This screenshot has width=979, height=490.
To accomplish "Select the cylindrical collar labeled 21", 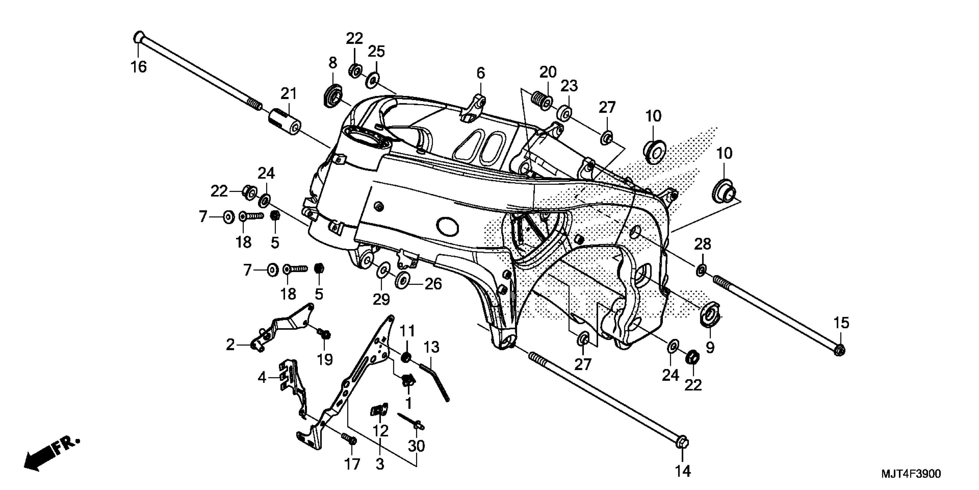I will [285, 121].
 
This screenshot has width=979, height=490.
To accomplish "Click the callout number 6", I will [481, 73].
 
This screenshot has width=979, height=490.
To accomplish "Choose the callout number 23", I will [569, 86].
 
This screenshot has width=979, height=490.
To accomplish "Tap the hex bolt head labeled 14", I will [682, 443].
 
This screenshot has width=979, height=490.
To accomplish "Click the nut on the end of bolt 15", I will [840, 350].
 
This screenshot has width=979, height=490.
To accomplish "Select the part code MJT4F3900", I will [911, 474].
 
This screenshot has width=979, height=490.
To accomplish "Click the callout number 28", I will [703, 244].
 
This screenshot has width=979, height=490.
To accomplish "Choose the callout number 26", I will [433, 284].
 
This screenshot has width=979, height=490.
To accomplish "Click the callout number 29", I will [381, 299].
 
